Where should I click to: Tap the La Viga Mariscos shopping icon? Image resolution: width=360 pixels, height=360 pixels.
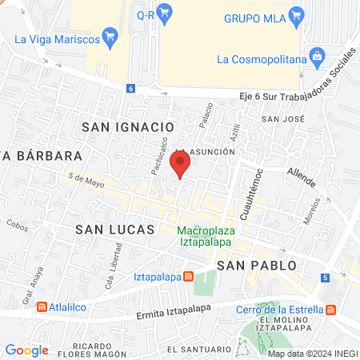point(110,35)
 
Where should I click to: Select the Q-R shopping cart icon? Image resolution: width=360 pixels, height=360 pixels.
point(165,12)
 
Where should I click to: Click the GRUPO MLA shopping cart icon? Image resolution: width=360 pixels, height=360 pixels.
point(297,14)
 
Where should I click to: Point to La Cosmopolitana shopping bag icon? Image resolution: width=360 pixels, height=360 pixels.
point(318,57)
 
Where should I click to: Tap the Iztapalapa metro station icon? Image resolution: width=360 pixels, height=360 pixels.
point(189,277)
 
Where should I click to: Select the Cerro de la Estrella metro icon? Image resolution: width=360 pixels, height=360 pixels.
point(330,310)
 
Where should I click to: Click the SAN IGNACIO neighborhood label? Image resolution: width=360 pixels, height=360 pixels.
point(128,126)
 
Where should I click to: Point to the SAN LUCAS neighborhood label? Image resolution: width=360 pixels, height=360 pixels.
point(114,229)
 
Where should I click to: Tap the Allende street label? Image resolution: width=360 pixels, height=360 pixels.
point(301,171)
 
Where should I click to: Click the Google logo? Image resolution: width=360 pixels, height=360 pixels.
point(26,350)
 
